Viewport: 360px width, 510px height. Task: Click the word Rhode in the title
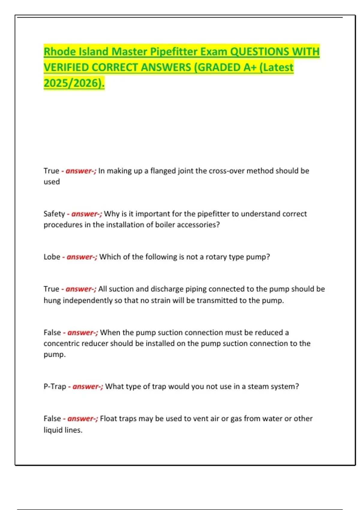point(59,52)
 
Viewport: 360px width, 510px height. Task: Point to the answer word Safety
point(54,214)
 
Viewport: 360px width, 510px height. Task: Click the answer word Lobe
point(52,257)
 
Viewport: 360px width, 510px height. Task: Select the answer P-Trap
point(55,386)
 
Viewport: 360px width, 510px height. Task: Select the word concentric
point(62,343)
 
